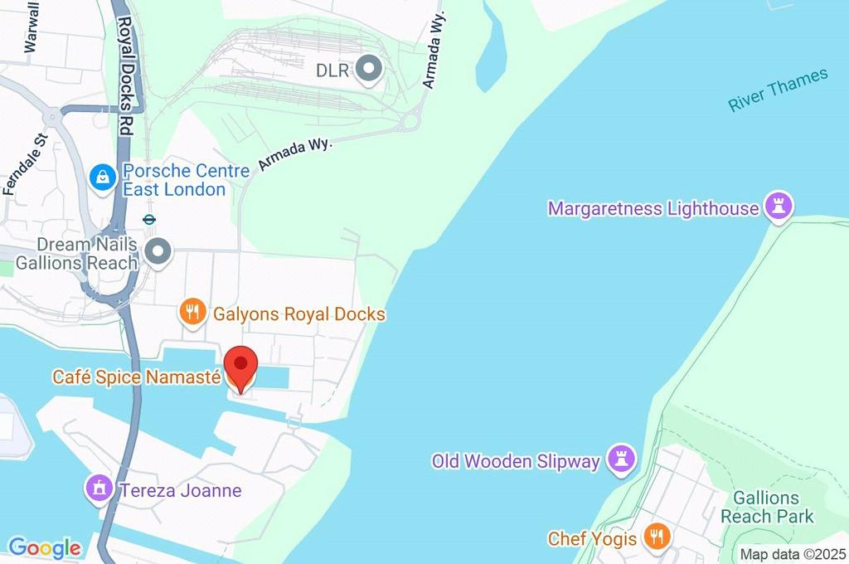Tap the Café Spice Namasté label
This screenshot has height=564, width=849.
pos(137,377)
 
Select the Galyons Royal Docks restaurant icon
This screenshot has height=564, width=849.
pos(192,313)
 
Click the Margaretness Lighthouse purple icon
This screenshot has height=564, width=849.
pos(779,207)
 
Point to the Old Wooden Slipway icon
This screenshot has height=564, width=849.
pos(622,459)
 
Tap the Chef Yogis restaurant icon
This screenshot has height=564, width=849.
pos(657,537)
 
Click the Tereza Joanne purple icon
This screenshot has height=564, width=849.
pos(99,489)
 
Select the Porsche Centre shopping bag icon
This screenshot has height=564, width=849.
pos(103,177)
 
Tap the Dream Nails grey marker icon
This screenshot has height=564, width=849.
pos(157,251)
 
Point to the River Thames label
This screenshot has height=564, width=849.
pos(778,90)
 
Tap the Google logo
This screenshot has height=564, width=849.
pos(44,548)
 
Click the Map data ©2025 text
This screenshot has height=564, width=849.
pos(792,554)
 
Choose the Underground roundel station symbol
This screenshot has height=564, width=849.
pos(150,220)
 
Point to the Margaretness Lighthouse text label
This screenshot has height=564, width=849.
pos(653,208)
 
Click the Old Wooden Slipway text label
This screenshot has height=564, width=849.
pos(515,461)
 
